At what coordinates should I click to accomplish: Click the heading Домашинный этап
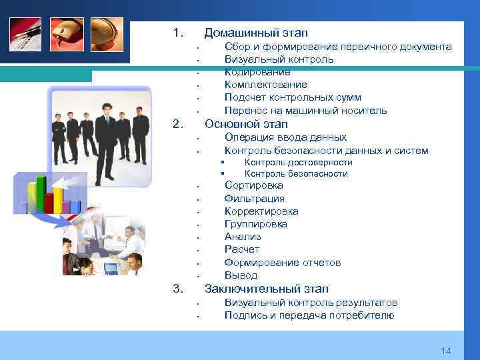[x=256, y=33]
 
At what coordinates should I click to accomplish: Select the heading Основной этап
[x=246, y=124]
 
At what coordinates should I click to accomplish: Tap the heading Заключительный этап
[x=267, y=289]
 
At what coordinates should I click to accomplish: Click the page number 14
[x=446, y=351]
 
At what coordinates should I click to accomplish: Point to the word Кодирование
[x=257, y=72]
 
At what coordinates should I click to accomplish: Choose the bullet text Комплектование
[x=266, y=85]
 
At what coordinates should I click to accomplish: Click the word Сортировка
[x=254, y=185]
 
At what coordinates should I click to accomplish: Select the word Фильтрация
[x=255, y=199]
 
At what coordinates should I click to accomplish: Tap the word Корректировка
[x=261, y=211]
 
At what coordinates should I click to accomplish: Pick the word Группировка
[x=256, y=224]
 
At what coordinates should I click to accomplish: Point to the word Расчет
[x=242, y=249]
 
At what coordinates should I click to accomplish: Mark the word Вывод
[x=241, y=275]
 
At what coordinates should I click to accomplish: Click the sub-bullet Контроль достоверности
[x=298, y=163]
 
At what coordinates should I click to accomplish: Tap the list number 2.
[x=177, y=124]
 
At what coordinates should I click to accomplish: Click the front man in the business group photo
[x=105, y=140]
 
